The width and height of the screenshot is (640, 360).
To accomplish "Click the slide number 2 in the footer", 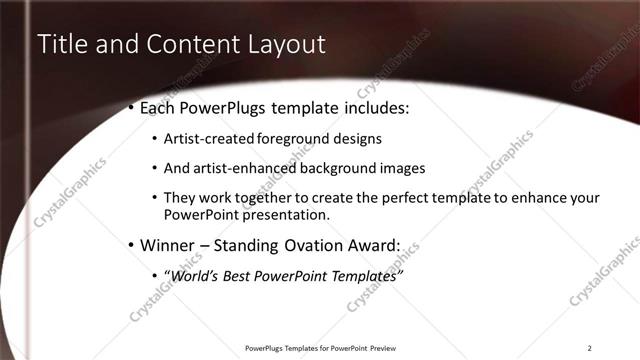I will point(589,348).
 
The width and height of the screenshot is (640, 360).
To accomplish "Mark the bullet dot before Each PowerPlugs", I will point(131,107).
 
